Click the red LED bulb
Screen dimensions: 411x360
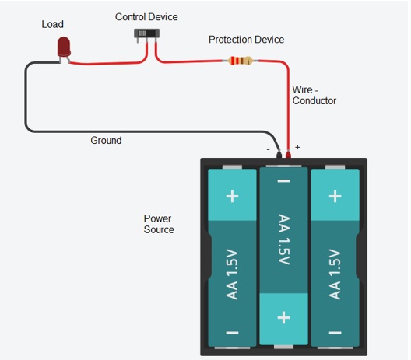click(64, 47)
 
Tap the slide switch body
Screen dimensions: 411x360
click(146, 33)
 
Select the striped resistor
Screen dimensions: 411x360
click(241, 61)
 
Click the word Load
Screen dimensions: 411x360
click(52, 24)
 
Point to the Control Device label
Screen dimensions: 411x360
click(146, 17)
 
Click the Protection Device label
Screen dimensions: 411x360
click(247, 40)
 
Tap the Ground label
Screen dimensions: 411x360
click(106, 140)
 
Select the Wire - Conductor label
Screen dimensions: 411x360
click(314, 95)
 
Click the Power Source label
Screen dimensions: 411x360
click(159, 224)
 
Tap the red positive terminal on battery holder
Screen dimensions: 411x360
click(288, 155)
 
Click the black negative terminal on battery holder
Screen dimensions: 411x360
click(279, 154)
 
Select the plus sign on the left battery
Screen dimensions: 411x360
click(232, 197)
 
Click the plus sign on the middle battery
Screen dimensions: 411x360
click(283, 317)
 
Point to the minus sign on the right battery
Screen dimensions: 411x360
click(335, 333)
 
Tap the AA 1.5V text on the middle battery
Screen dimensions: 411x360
click(283, 239)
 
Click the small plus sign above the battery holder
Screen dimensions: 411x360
click(297, 147)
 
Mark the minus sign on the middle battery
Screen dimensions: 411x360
click(283, 181)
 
